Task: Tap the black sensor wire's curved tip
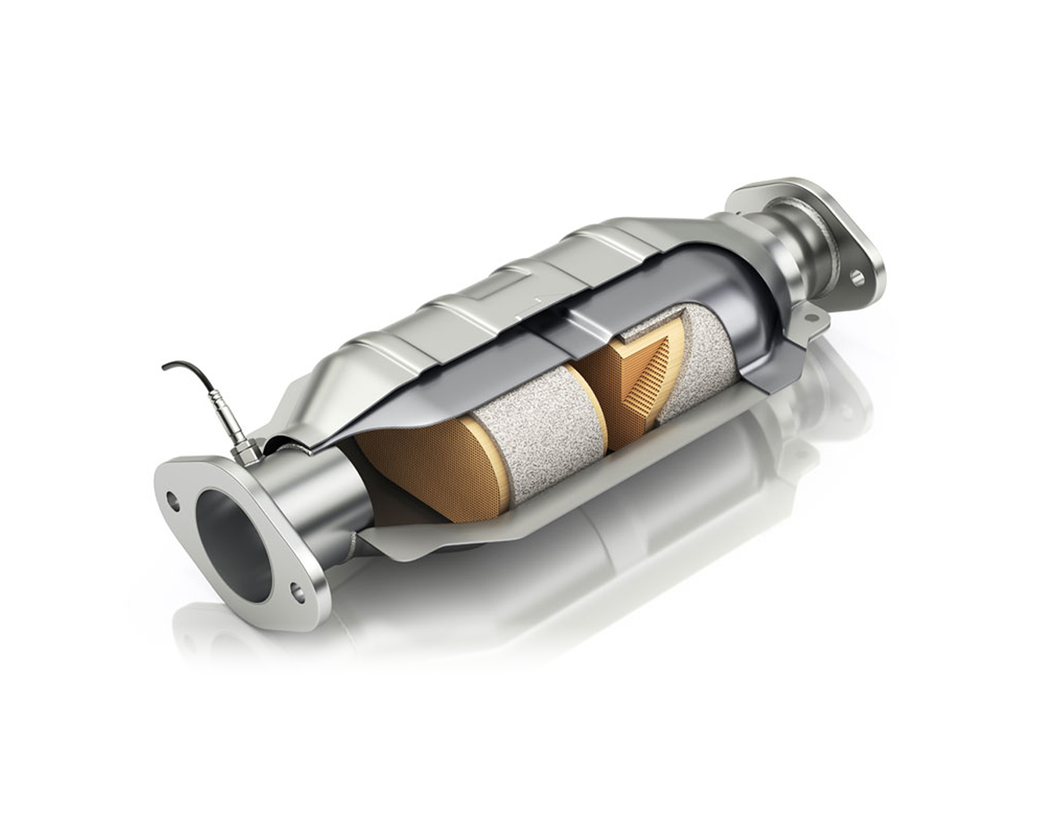166,367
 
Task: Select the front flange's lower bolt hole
297,592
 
